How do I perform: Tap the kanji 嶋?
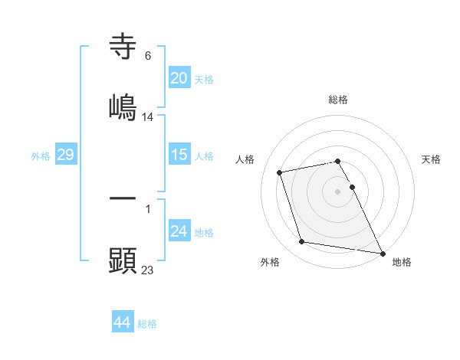(x=123, y=106)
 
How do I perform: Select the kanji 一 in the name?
(x=123, y=199)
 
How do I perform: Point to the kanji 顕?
(x=123, y=260)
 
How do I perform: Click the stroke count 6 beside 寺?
(x=148, y=56)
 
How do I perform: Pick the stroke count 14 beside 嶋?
(x=148, y=116)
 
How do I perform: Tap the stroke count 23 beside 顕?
(x=148, y=270)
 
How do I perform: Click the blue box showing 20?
(x=179, y=78)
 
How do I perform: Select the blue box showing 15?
(x=179, y=155)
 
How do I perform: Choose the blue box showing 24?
(x=179, y=231)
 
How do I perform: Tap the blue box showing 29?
(x=65, y=155)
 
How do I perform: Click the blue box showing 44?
(x=123, y=322)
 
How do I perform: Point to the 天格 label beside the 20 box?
(x=204, y=80)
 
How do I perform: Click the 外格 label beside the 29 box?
(x=41, y=156)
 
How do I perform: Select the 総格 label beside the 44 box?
(x=147, y=324)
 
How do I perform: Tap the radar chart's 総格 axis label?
(x=338, y=100)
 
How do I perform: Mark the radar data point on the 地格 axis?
(x=382, y=252)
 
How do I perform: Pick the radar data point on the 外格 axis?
(x=302, y=242)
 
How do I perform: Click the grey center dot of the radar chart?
(x=338, y=191)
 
